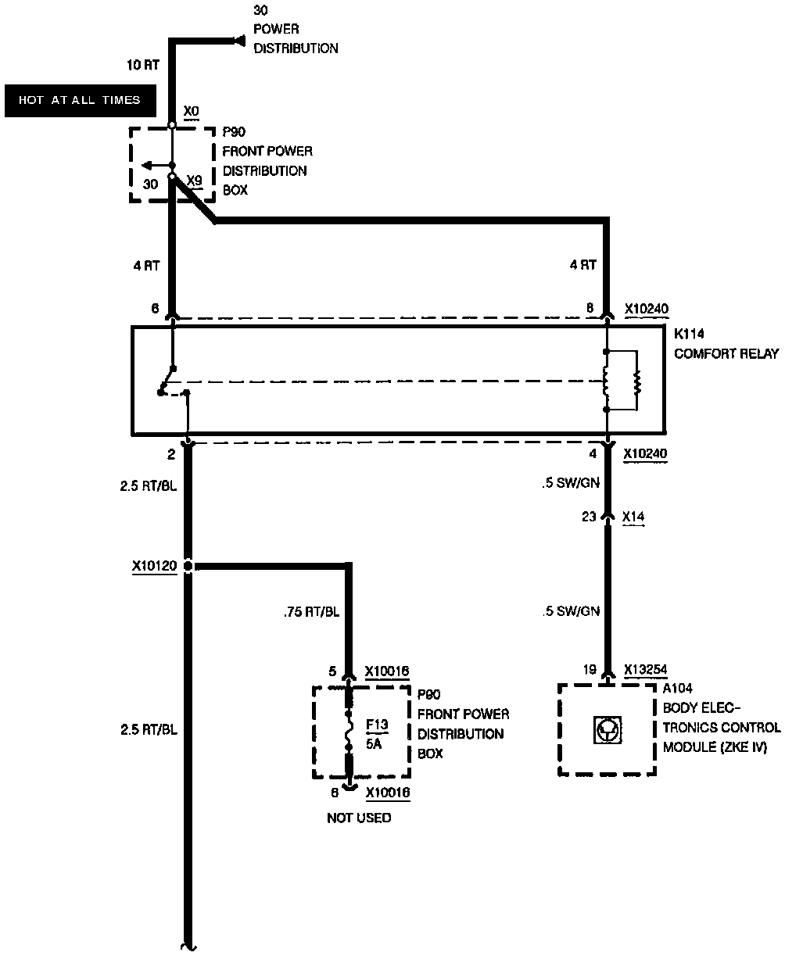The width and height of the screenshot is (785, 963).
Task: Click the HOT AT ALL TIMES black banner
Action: pyautogui.click(x=79, y=100)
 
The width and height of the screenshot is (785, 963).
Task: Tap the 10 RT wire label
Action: pyautogui.click(x=142, y=66)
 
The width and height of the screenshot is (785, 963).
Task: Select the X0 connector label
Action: pyautogui.click(x=192, y=112)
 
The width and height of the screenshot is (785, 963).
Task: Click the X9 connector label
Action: pyautogui.click(x=195, y=180)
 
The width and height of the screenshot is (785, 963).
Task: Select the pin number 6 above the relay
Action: pyautogui.click(x=155, y=309)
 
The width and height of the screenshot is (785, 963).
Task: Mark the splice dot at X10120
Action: pyautogui.click(x=188, y=566)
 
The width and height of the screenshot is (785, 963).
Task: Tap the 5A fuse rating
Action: pyautogui.click(x=373, y=744)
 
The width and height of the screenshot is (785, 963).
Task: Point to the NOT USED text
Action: pyautogui.click(x=359, y=818)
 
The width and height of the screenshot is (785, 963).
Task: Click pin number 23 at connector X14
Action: pyautogui.click(x=589, y=517)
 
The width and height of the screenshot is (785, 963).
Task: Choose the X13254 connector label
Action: pyautogui.click(x=646, y=670)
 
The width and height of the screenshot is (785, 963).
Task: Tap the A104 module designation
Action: pyautogui.click(x=677, y=689)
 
